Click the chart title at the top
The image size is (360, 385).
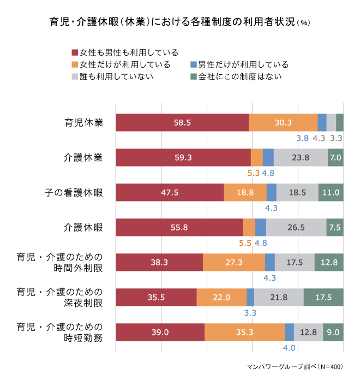tap(180, 23)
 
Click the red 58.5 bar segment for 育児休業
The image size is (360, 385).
tap(182, 122)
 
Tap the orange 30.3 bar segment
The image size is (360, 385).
tap(283, 122)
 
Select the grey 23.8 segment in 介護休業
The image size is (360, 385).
tap(301, 157)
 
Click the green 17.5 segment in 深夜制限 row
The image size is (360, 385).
tap(323, 297)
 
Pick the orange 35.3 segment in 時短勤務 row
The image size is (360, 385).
tap(244, 332)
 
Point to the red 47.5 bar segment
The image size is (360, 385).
tap(170, 192)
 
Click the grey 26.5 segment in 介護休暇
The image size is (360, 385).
tap(296, 227)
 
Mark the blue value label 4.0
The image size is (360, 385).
tap(289, 348)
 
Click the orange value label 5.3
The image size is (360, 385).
tap(254, 173)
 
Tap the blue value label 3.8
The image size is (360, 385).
tap(302, 138)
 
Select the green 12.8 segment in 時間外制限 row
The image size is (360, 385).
tap(329, 262)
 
